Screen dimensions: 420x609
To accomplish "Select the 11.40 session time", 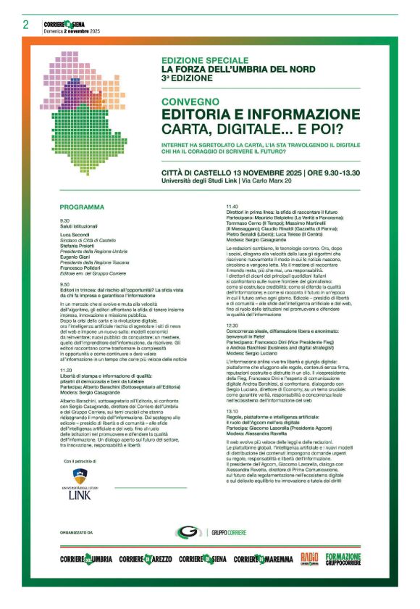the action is [x=232, y=207].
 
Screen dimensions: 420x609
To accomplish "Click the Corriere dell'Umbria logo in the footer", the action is [x=86, y=558].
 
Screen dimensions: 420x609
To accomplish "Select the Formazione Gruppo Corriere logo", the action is [x=343, y=558].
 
